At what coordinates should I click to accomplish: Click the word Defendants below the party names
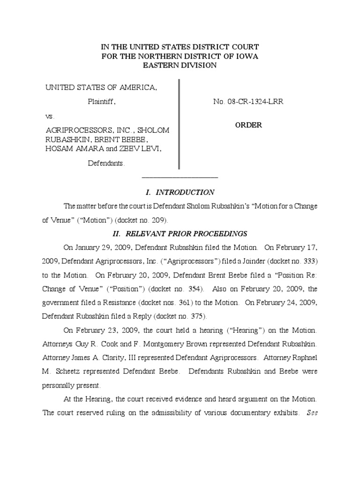click(107, 164)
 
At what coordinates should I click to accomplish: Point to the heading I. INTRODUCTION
click(180, 192)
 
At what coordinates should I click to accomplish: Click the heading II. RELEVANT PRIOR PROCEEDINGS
click(180, 233)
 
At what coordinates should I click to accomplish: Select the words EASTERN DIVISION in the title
click(180, 66)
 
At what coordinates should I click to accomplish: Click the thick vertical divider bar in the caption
click(179, 124)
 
